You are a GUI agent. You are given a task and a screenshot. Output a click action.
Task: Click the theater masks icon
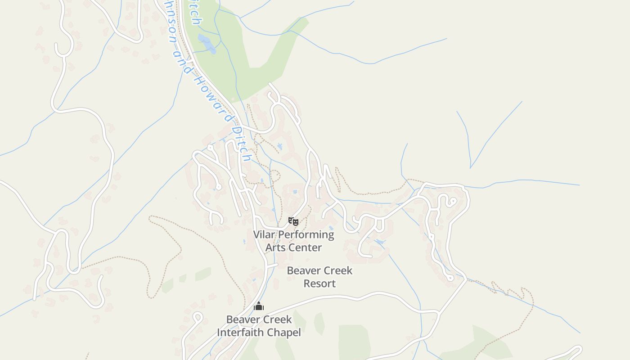point(293,221)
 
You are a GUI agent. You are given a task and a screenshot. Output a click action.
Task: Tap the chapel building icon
point(258,306)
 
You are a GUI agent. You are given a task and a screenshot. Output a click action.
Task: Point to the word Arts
point(275,247)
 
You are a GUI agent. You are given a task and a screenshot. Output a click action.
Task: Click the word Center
point(306,247)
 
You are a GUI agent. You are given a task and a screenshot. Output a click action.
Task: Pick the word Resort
point(319,283)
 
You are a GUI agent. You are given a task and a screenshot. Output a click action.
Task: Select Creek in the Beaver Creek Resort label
point(337,271)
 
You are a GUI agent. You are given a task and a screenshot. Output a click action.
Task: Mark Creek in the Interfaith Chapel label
point(276,319)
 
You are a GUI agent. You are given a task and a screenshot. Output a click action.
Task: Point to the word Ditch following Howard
point(240,143)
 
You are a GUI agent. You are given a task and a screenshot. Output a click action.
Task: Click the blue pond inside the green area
point(207,44)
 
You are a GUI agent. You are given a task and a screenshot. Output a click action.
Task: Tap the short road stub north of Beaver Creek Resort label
point(271,266)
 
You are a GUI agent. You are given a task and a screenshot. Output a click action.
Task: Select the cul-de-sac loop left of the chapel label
point(197,316)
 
